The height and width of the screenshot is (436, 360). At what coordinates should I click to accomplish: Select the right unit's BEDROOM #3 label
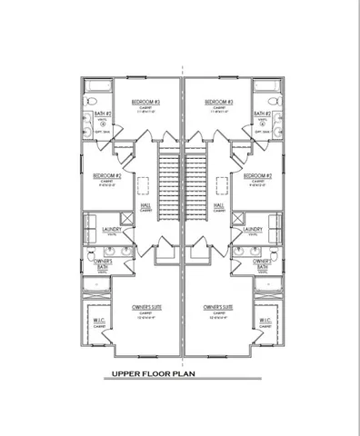pos(219,102)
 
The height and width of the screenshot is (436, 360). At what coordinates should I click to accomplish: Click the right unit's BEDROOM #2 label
pos(257,174)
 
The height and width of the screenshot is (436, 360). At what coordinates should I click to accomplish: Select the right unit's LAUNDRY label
pos(252,230)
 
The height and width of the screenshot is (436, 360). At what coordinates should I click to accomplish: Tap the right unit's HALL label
pos(219,205)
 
